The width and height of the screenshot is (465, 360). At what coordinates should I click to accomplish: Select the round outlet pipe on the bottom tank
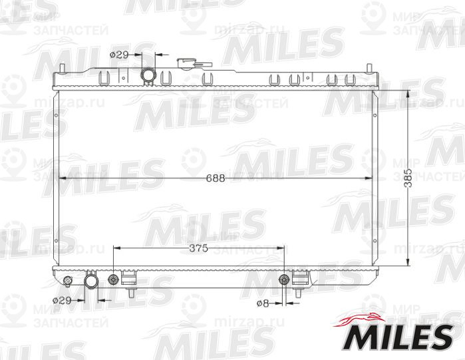tap(91, 283)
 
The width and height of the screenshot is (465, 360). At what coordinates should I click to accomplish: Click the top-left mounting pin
tap(61, 69)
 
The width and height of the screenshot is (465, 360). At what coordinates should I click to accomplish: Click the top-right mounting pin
tap(370, 69)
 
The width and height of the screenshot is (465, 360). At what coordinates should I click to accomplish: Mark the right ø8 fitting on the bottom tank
tap(285, 279)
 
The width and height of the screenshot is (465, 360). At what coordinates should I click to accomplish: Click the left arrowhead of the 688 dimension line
tap(62, 178)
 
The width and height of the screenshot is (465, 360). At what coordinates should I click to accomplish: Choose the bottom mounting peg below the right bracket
tap(301, 293)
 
